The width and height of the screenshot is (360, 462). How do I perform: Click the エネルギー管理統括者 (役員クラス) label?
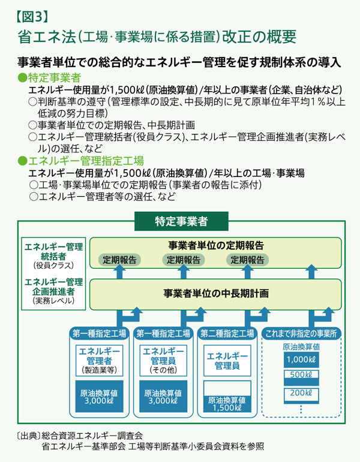click(53, 254)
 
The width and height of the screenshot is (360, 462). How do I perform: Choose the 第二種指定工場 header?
click(229, 334)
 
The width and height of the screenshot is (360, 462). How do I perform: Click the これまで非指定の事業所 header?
click(301, 334)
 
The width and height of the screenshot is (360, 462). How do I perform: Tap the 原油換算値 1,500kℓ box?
click(227, 403)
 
